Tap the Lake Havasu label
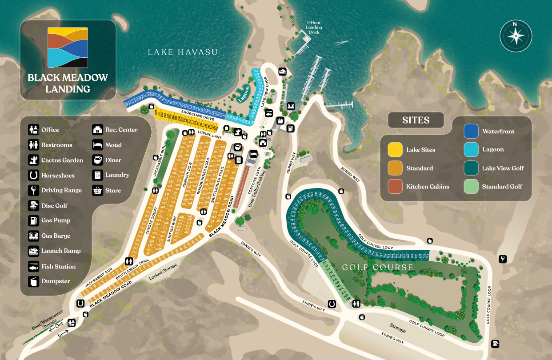[183, 52]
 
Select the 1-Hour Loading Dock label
[314, 27]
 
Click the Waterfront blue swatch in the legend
[471, 132]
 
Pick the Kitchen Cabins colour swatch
[395, 187]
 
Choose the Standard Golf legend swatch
[471, 187]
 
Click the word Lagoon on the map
[244, 94]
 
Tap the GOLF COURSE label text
[377, 268]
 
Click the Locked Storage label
[163, 272]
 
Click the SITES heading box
[416, 120]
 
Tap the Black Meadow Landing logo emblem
[68, 47]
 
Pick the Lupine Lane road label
[210, 136]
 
